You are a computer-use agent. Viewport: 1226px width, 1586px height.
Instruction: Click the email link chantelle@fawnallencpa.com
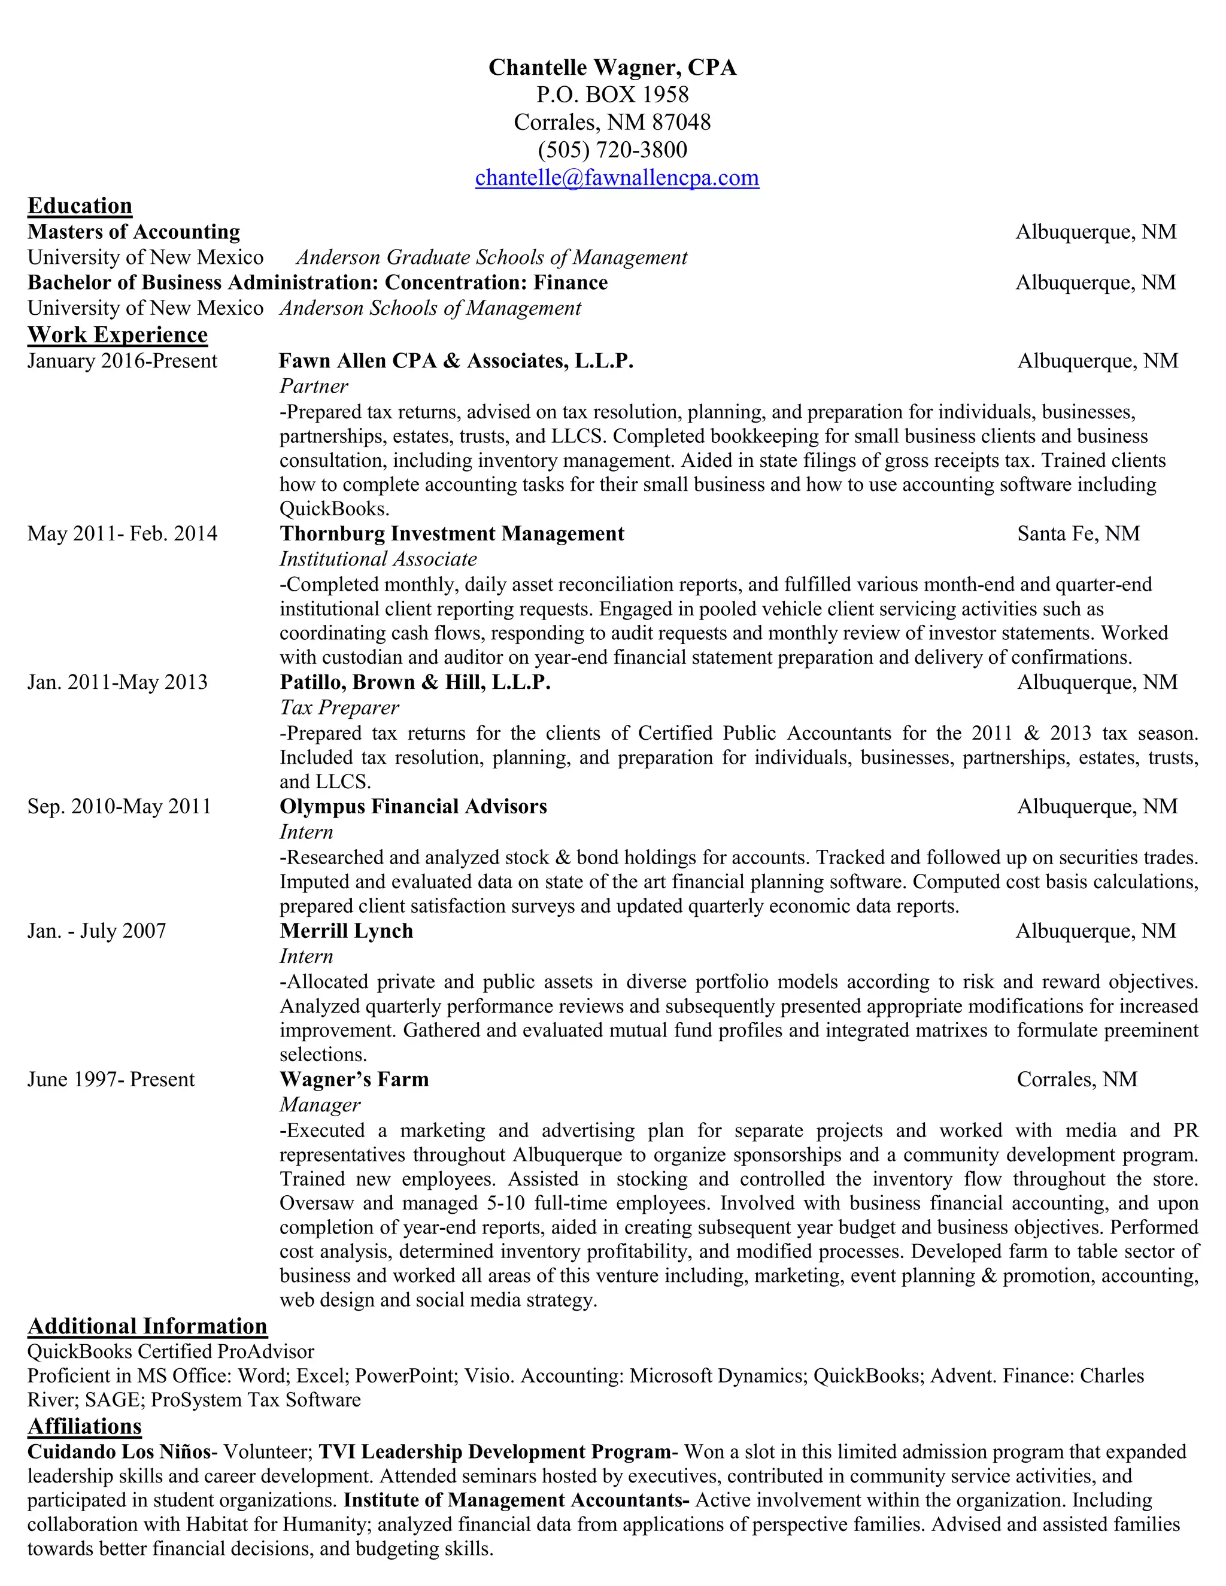617,178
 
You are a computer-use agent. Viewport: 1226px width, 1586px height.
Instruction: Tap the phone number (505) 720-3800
612,150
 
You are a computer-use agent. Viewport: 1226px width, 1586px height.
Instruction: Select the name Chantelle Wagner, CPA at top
612,68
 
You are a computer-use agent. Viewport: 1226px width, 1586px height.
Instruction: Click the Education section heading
80,206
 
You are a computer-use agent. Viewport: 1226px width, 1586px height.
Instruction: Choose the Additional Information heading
147,1327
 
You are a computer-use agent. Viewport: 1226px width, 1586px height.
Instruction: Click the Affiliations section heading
84,1427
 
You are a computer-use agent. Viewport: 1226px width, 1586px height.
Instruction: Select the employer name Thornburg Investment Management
452,534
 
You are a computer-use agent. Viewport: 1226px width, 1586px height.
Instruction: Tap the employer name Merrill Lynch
347,931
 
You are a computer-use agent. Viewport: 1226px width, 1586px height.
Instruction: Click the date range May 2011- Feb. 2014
122,534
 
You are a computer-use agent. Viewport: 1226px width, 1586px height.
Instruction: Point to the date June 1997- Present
111,1080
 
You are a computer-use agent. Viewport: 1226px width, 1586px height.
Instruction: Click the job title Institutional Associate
378,559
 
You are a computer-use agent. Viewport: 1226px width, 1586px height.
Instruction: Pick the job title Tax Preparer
339,707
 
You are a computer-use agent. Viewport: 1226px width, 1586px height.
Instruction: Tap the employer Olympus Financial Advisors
413,807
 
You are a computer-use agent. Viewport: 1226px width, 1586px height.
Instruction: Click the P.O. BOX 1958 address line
612,95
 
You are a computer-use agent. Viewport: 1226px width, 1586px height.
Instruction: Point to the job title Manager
320,1105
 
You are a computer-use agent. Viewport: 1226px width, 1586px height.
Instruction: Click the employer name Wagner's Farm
354,1080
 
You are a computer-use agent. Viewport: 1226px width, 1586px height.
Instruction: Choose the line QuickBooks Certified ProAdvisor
171,1352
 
